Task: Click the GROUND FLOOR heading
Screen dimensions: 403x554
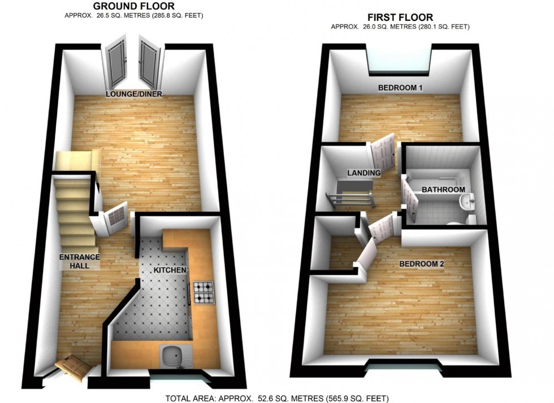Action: [133, 6]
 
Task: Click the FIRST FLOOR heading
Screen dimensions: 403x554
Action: [401, 17]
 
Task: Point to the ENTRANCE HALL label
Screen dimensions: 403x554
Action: [80, 261]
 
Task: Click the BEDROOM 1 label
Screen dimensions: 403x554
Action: [401, 88]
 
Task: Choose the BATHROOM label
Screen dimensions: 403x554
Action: [443, 190]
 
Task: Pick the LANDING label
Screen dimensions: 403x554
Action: [363, 173]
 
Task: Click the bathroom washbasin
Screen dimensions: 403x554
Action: [466, 202]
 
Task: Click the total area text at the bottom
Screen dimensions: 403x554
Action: [276, 398]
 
